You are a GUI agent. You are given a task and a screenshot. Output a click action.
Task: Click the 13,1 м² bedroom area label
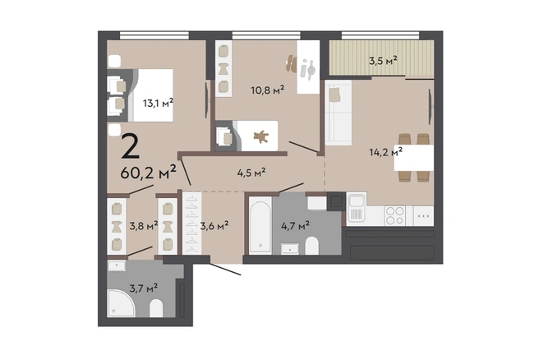[158, 103]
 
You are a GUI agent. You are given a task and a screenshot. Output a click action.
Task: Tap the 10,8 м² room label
[267, 90]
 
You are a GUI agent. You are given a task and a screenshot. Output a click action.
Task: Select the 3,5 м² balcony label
[383, 61]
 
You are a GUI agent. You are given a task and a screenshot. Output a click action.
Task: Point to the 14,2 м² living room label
[385, 151]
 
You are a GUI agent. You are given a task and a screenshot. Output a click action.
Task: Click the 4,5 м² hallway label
[251, 173]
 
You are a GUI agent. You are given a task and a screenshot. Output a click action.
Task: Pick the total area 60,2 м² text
[148, 173]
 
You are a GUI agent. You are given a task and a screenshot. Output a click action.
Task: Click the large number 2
[131, 146]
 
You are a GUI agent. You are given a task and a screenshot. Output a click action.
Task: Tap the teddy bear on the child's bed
[261, 136]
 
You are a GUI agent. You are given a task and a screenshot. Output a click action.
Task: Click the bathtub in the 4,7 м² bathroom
[260, 225]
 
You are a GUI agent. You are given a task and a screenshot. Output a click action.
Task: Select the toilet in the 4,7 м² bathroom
[311, 246]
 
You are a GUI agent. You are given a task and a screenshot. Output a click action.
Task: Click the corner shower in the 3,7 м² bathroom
[121, 303]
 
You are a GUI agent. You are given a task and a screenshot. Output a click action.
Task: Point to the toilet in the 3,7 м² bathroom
[156, 308]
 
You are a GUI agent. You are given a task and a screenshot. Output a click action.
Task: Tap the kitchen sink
[357, 207]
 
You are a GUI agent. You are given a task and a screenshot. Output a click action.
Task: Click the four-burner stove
[394, 215]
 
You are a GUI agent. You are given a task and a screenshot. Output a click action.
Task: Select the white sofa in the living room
[339, 113]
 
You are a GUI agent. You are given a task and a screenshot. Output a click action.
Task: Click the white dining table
[413, 158]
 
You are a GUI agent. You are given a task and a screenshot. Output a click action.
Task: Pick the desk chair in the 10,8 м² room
[291, 63]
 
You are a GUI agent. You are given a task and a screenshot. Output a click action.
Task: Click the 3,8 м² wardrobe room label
[144, 225]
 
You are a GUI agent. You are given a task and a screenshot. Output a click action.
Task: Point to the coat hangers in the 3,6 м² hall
[192, 224]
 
